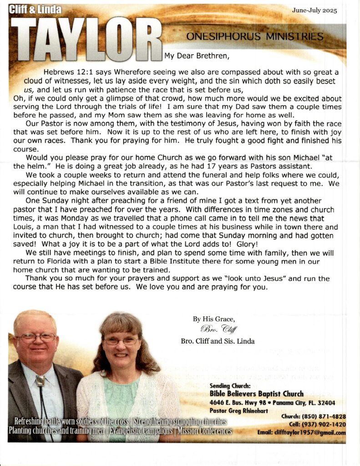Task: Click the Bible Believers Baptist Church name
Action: tap(257, 394)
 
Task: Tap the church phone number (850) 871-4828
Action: tap(326, 417)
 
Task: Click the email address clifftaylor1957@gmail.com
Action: tap(314, 433)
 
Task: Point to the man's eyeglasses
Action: tap(36, 338)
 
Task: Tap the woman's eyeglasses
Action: tap(121, 341)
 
